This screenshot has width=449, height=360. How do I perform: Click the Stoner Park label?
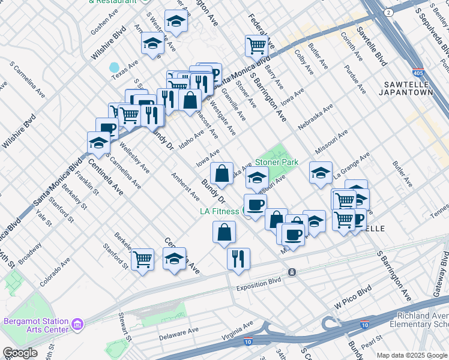[277, 162]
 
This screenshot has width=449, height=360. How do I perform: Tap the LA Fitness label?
[220, 211]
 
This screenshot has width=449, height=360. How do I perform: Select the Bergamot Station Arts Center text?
[36, 325]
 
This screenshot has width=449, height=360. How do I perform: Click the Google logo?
[20, 353]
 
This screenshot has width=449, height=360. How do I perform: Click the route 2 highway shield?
[390, 12]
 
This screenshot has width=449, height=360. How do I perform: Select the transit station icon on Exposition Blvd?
[292, 272]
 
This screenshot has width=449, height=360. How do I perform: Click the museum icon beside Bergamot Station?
[77, 325]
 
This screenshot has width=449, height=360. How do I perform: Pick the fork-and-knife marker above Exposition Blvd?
[238, 259]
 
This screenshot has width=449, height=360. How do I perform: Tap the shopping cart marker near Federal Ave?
[256, 45]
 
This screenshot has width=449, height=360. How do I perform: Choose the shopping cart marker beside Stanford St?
[142, 259]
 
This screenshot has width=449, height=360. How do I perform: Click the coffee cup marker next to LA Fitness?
[255, 205]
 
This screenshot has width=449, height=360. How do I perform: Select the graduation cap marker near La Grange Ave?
[321, 173]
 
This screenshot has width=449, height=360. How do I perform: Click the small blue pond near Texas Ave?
[113, 67]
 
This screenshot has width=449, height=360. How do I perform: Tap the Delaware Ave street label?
[179, 334]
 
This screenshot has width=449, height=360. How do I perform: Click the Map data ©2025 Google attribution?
[412, 355]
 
